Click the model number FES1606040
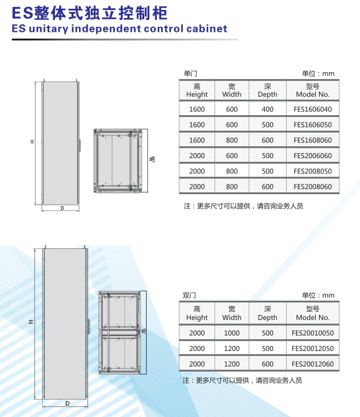(x=313, y=110)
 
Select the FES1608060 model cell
(x=313, y=140)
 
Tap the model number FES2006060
(x=313, y=156)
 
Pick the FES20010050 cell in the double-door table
(x=313, y=333)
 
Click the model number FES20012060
(x=313, y=364)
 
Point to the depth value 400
(x=267, y=110)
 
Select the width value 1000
(x=232, y=333)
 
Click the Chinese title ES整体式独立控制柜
(x=90, y=13)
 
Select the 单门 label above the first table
(x=190, y=73)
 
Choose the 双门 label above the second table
(x=189, y=296)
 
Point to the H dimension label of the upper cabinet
(x=32, y=141)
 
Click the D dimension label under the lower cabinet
(x=67, y=403)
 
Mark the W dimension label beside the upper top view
(x=152, y=159)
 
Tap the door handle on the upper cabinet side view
(x=80, y=145)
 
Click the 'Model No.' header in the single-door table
(x=313, y=95)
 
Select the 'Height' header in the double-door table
(x=196, y=317)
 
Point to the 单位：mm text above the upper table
(x=318, y=73)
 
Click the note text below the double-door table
(x=242, y=380)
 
